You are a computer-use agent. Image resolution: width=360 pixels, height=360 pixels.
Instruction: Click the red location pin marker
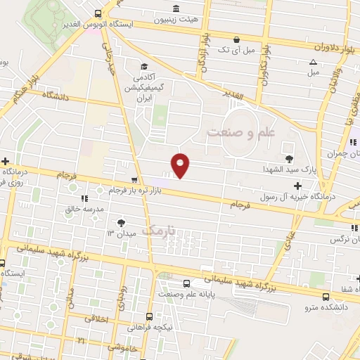tap(181, 165)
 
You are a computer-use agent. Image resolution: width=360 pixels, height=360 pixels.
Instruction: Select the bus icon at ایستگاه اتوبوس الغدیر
tap(98, 13)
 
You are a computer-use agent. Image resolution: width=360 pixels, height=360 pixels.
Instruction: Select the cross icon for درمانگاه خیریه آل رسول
tap(299, 186)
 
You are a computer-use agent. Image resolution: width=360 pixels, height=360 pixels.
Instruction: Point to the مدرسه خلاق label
tap(84, 210)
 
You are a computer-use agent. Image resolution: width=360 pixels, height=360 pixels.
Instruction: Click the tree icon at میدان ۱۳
tap(122, 221)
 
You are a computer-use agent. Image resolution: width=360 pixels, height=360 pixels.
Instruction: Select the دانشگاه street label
tap(57, 94)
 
